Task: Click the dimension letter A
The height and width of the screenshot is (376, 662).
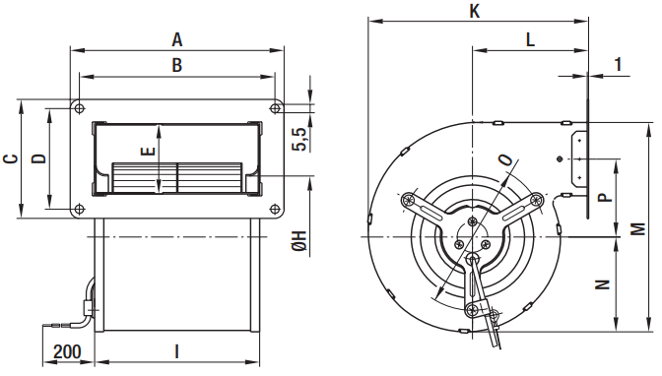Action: pos(177,39)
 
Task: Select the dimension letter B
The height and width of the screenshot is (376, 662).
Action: pos(177,65)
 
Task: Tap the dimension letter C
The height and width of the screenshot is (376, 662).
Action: pos(11,158)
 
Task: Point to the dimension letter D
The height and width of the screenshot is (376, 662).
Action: pos(39,158)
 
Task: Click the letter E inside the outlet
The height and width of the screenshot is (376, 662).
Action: pos(148,151)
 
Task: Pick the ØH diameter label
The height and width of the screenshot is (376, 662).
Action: pos(299,241)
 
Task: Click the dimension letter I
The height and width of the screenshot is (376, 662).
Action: pos(177,351)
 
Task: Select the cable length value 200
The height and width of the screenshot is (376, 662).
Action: pos(68,351)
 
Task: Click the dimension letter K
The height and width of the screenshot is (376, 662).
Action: pos(475,12)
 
